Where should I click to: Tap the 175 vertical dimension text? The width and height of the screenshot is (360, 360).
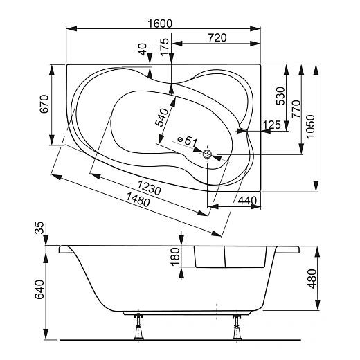[x=164, y=46]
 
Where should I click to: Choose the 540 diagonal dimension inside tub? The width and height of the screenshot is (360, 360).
[x=162, y=116]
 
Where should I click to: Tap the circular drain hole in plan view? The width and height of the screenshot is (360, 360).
[x=206, y=154]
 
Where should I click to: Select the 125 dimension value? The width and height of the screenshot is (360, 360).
[x=271, y=125]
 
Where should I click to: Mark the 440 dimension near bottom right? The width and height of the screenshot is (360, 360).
[x=247, y=200]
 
